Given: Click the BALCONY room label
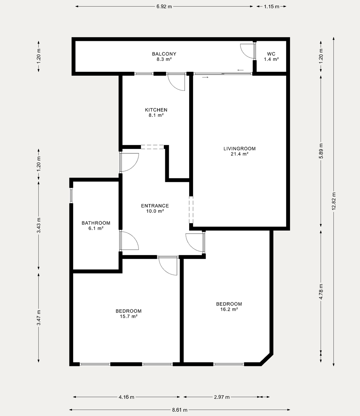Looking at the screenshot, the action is click(x=164, y=54).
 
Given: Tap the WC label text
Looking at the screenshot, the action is click(x=271, y=54).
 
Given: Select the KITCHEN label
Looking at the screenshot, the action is click(x=156, y=110).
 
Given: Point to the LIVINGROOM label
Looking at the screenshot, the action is click(x=240, y=149).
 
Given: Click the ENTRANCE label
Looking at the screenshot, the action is click(x=155, y=206).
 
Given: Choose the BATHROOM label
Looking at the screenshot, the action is click(x=96, y=223).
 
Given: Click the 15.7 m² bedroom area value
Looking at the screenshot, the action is click(x=129, y=316).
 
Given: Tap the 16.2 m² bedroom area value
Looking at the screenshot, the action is click(x=229, y=309).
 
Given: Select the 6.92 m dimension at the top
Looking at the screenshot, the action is click(x=164, y=6).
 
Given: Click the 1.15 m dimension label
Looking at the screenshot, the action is click(x=271, y=6).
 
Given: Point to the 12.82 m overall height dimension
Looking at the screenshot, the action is click(x=334, y=201).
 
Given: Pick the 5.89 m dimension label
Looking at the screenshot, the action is click(x=321, y=151).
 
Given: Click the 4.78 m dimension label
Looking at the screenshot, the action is click(x=321, y=292).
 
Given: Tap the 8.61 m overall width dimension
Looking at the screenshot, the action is click(x=180, y=410).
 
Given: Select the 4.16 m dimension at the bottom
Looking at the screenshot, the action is click(x=127, y=397).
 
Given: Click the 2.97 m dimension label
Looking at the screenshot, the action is click(x=222, y=397).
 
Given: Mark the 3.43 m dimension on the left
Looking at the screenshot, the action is click(x=39, y=225).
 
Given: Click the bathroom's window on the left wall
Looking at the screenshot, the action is click(x=71, y=195).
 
